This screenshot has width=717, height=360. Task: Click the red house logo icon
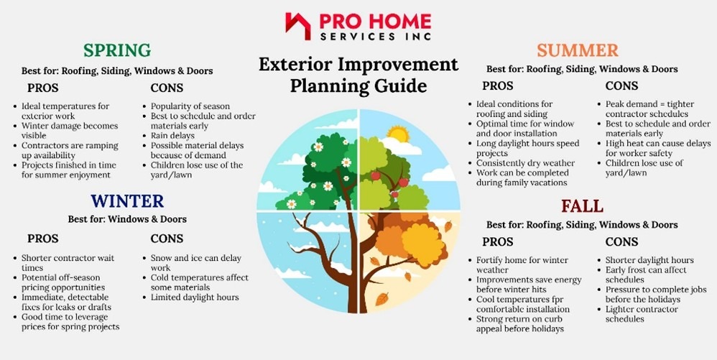pyautogui.click(x=297, y=26)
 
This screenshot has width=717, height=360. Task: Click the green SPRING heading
pyautogui.click(x=116, y=50)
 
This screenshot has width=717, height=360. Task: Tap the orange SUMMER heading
pyautogui.click(x=577, y=50)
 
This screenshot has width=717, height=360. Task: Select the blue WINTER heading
pyautogui.click(x=127, y=200)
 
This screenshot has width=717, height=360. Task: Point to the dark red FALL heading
pyautogui.click(x=582, y=206)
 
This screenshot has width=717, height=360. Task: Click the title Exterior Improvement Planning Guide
pyautogui.click(x=358, y=75)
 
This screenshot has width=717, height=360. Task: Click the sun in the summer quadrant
pyautogui.click(x=397, y=134)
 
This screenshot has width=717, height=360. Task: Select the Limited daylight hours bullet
pyautogui.click(x=195, y=297)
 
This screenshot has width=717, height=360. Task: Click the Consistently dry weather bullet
pyautogui.click(x=524, y=163)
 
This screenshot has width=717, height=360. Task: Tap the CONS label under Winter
pyautogui.click(x=167, y=239)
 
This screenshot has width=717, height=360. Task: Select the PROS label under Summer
pyautogui.click(x=497, y=86)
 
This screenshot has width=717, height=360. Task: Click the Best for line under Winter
pyautogui.click(x=127, y=219)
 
